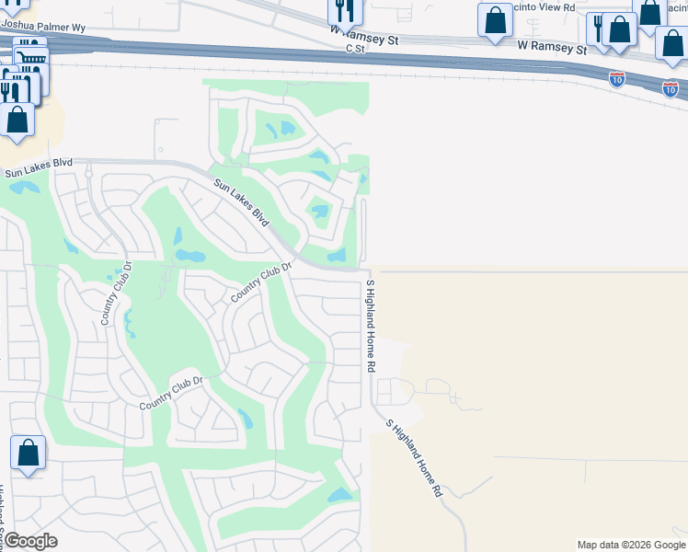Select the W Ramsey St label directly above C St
coord(365,40)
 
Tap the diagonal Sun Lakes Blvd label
coord(242,203)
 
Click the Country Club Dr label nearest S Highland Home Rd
coord(261,282)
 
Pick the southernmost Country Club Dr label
coord(170,393)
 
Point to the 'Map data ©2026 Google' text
coord(631,545)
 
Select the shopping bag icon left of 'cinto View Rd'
coord(495,20)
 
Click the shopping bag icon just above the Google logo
coord(28,453)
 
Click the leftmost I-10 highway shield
coord(617,79)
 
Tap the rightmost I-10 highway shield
coord(671,89)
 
